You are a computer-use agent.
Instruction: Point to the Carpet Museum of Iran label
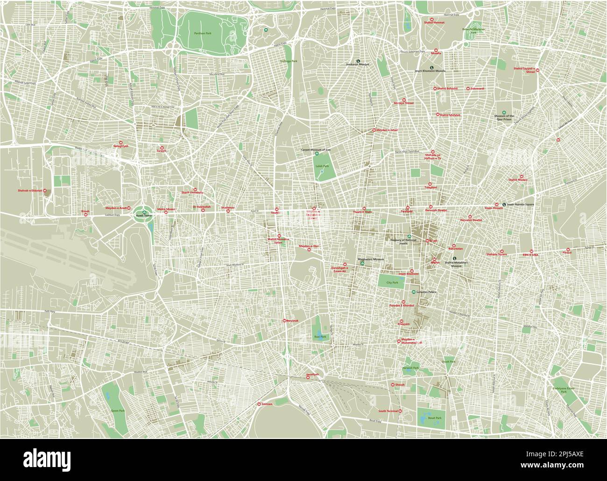coord(315,149)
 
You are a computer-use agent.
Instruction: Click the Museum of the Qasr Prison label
coord(504,117)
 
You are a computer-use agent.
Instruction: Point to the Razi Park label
coord(319,336)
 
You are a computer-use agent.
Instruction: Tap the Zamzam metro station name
coord(267,403)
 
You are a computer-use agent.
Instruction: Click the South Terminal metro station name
coord(388,411)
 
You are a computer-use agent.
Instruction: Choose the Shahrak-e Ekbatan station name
coord(30,191)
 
